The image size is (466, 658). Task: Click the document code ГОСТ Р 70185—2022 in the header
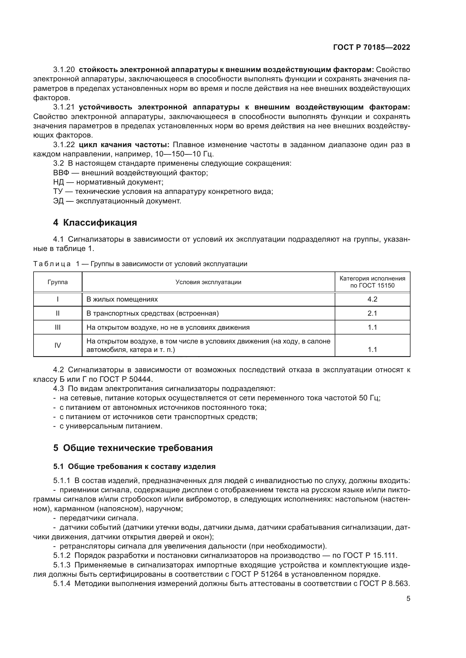371,47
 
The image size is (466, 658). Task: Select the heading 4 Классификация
95,223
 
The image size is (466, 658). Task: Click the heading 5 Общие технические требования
133,448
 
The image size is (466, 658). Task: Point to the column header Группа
58,282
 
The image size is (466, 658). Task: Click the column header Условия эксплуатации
208,282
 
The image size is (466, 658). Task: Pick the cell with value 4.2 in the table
372,299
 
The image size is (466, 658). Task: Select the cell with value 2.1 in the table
372,313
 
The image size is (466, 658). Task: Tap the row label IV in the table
58,345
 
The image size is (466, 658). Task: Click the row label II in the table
58,313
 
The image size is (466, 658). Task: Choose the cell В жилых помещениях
122,299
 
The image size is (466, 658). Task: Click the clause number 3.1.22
64,145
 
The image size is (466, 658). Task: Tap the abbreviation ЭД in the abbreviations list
58,201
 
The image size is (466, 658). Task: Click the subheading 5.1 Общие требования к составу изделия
134,466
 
